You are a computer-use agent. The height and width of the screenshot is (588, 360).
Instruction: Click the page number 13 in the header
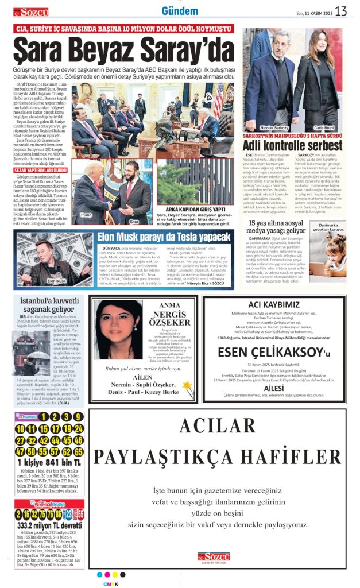[x=340, y=11]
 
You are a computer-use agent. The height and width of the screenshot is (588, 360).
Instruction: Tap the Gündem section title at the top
[x=180, y=11]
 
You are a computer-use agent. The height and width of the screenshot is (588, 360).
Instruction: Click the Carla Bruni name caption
[x=324, y=127]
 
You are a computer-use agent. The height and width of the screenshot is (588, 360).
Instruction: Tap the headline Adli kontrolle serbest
[x=293, y=146]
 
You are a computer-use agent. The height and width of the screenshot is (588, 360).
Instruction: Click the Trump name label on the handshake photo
[x=86, y=214]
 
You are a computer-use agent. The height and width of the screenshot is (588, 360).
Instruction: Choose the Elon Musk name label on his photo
[x=56, y=281]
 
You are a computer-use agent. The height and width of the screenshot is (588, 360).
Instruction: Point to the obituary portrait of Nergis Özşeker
[x=119, y=329]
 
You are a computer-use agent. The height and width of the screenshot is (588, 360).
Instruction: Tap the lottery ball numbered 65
[x=79, y=451]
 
